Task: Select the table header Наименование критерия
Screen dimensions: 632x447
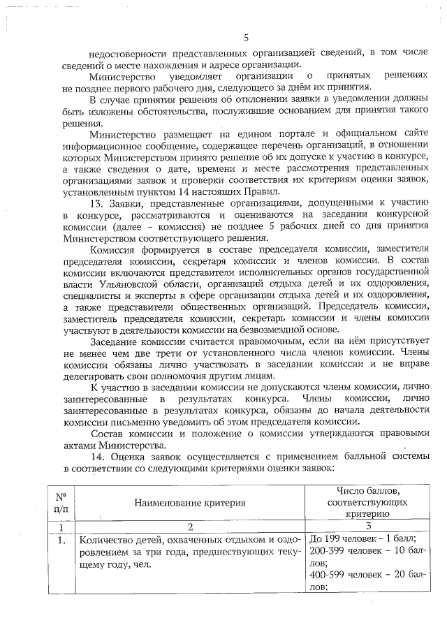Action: pos(190,502)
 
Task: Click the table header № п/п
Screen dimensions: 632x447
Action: pos(61,502)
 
